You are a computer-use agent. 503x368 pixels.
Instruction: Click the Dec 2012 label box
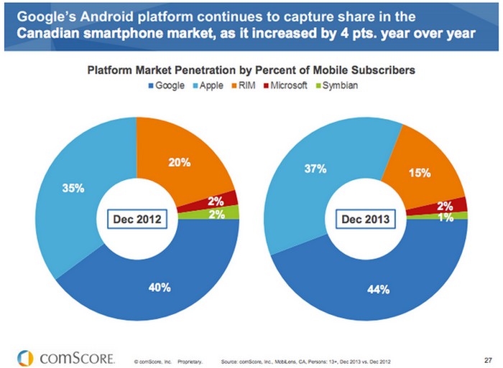click(137, 219)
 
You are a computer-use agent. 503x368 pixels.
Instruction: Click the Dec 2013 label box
click(366, 219)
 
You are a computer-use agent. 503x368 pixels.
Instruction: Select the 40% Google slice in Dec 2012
click(160, 287)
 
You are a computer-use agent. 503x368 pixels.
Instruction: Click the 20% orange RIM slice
click(179, 162)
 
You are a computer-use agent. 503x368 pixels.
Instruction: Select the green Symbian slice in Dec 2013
click(460, 215)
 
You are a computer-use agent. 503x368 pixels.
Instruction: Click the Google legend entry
click(167, 86)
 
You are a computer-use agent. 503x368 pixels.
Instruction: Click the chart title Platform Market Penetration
click(251, 71)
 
